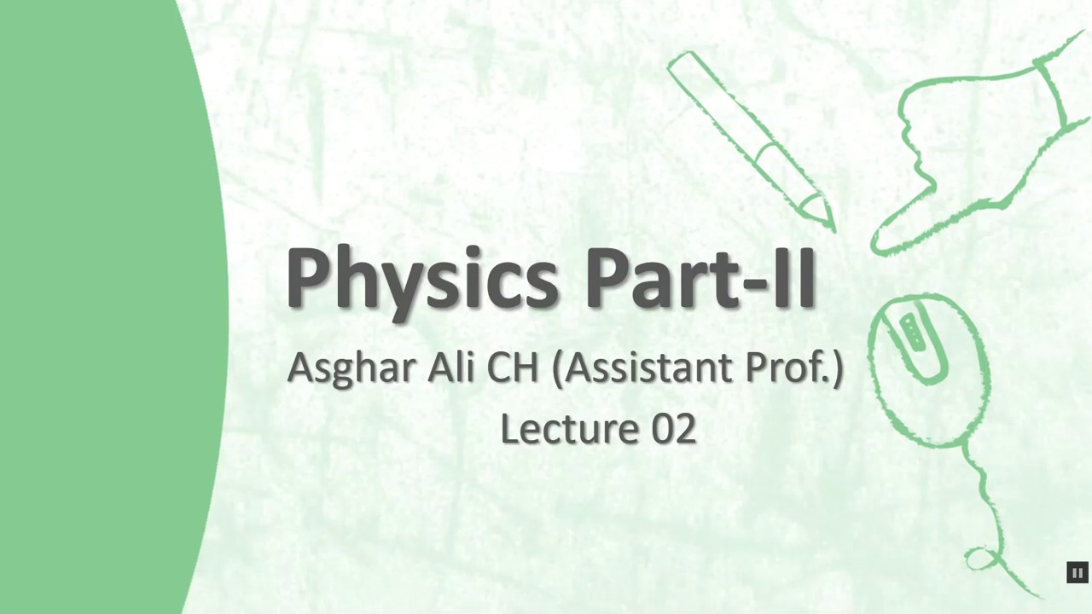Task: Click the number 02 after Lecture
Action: click(674, 428)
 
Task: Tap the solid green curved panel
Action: click(94, 307)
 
